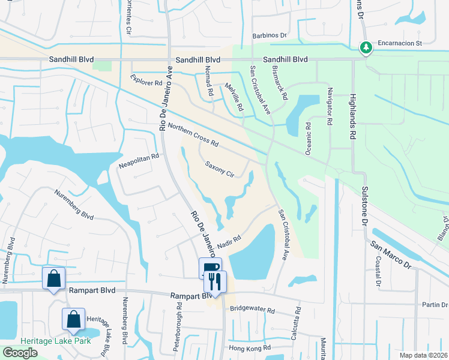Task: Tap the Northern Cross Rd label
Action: click(193, 135)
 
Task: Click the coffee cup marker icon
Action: click(210, 268)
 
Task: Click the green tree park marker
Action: click(364, 46)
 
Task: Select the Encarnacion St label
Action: click(400, 44)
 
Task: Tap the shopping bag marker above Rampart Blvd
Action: click(54, 278)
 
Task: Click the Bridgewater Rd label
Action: click(252, 311)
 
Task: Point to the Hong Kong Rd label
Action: click(250, 348)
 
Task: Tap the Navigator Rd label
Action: click(329, 106)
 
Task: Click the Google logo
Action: click(20, 353)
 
